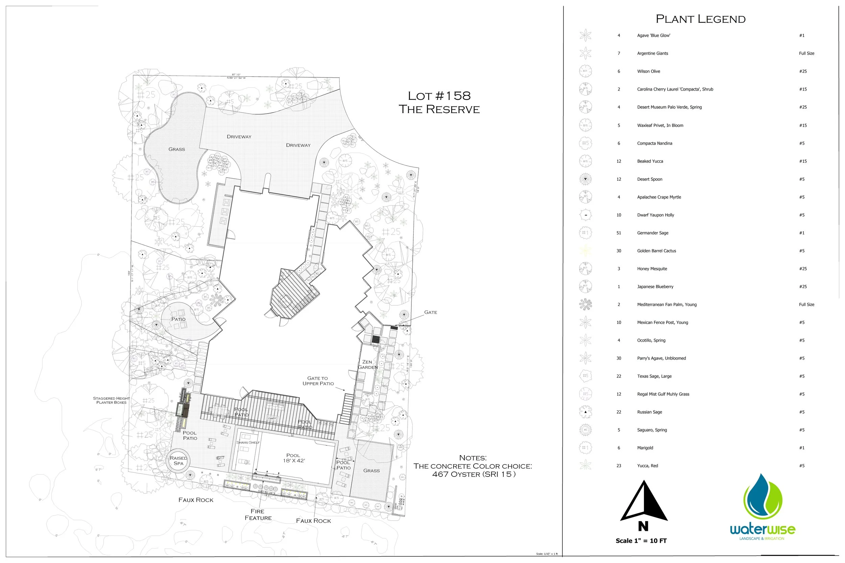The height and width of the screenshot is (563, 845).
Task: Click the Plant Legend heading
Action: (x=700, y=19)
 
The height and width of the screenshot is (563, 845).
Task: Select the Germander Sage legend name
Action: (x=652, y=233)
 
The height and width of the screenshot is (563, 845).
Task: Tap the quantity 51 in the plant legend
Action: (x=619, y=233)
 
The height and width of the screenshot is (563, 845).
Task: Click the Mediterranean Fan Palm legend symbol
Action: (x=585, y=305)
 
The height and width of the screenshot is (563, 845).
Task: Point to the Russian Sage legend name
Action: (x=649, y=412)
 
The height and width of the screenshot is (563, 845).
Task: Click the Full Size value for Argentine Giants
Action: (x=806, y=53)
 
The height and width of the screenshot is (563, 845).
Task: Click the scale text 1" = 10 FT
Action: (x=641, y=541)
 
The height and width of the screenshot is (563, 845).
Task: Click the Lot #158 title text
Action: (x=439, y=96)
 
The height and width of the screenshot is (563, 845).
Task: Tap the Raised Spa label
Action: (x=178, y=461)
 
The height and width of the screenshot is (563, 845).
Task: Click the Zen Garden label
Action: (x=367, y=364)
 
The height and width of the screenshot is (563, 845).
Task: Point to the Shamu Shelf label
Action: (x=247, y=442)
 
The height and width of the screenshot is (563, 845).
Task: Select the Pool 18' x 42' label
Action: (x=293, y=458)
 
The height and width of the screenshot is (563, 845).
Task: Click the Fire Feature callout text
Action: (x=258, y=514)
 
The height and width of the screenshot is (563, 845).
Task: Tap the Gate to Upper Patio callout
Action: (x=318, y=381)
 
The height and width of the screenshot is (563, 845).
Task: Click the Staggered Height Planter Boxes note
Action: (x=112, y=400)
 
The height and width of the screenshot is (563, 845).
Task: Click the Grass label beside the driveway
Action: (x=177, y=149)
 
